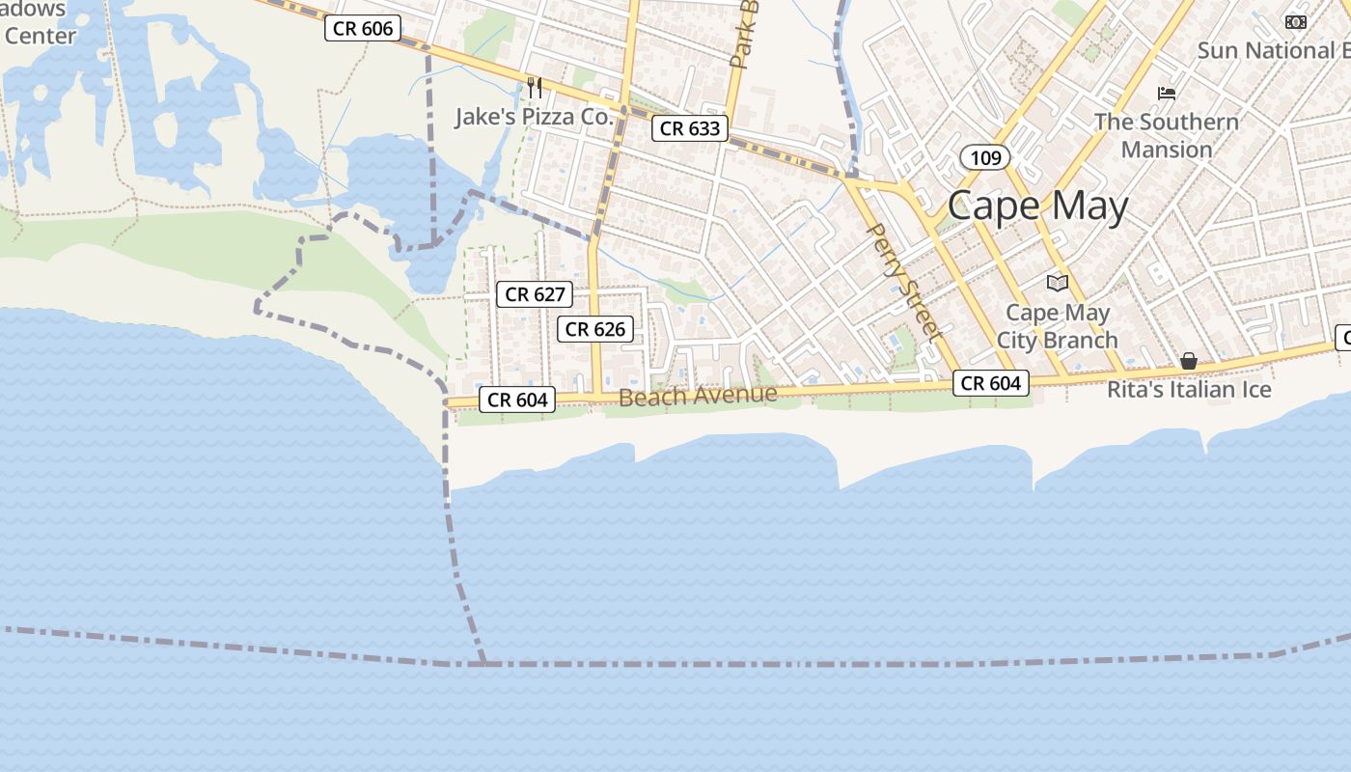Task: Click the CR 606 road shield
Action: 363,29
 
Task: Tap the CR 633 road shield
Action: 691,128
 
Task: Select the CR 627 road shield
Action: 535,294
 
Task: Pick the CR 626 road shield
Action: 595,329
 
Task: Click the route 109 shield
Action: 985,157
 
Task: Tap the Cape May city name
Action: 1037,207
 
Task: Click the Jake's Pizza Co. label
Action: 534,117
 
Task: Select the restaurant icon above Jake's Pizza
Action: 534,88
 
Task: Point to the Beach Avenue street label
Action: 698,396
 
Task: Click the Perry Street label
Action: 904,281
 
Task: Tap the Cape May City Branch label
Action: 1057,326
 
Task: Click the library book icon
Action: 1058,283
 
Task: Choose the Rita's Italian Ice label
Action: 1189,390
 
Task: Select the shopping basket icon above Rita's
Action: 1189,361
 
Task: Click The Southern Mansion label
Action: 1167,135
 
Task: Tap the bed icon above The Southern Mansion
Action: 1167,94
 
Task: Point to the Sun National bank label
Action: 1272,50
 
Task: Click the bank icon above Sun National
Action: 1295,21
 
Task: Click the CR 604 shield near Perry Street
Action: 991,383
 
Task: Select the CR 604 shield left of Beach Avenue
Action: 517,400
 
